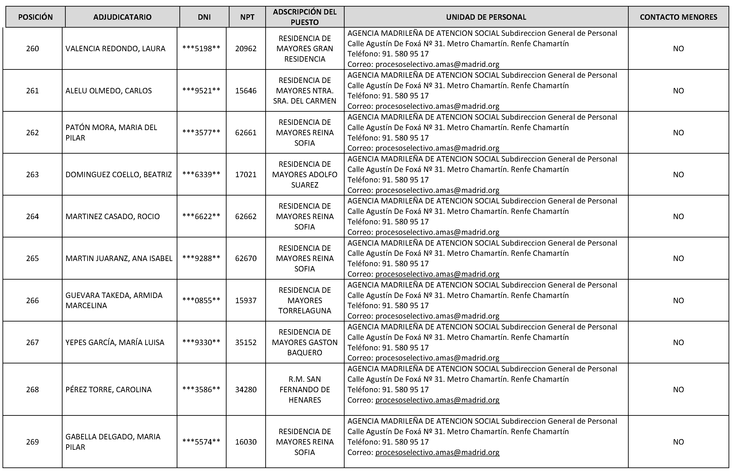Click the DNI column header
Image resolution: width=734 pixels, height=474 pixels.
[x=204, y=17]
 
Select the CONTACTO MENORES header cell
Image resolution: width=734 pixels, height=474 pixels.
[x=678, y=17]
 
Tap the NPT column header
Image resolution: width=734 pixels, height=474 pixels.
[x=247, y=17]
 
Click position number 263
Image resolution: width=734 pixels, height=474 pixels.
[x=32, y=174]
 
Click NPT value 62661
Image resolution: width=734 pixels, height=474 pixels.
[x=246, y=133]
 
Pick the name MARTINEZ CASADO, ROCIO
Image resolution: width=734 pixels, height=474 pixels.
[x=113, y=216]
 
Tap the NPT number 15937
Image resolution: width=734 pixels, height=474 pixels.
[x=246, y=300]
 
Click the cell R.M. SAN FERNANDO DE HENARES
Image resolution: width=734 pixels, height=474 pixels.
[x=305, y=389]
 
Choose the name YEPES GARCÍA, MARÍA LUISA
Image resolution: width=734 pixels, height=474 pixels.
[x=115, y=342]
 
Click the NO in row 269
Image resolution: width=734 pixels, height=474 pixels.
[x=678, y=442]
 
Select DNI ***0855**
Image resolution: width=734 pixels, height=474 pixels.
[x=201, y=300]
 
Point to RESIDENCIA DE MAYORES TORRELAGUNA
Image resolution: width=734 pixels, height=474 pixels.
[x=305, y=300]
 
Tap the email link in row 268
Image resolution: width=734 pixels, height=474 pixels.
[x=437, y=400]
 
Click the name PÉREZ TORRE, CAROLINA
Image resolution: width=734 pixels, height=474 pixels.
[x=108, y=389]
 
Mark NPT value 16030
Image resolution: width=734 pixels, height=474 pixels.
[x=246, y=442]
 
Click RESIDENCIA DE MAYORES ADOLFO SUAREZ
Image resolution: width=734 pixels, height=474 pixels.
[x=305, y=174]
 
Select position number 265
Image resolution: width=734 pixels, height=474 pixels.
[x=32, y=258]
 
